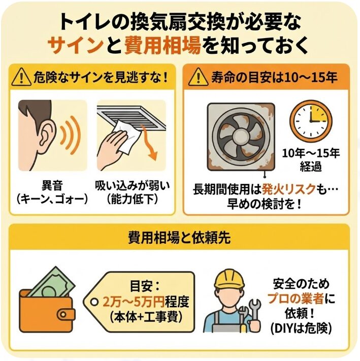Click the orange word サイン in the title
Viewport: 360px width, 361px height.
click(x=81, y=45)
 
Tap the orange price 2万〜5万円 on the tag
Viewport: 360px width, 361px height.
click(x=132, y=302)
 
